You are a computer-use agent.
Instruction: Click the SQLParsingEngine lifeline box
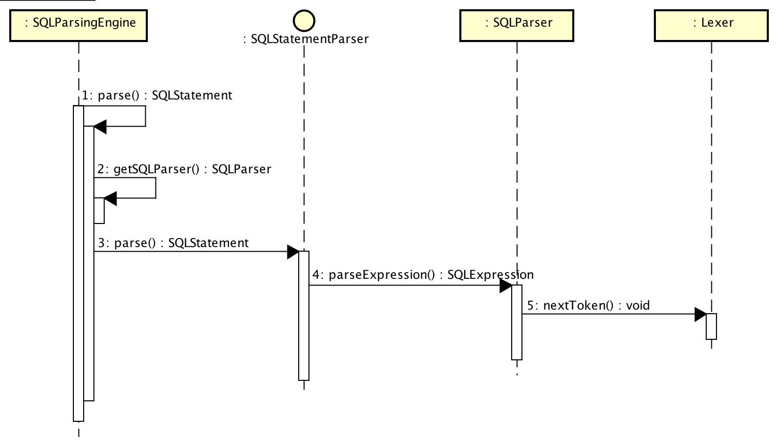pos(79,25)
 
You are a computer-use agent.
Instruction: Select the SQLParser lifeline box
pos(516,25)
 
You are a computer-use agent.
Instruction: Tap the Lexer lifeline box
pos(711,25)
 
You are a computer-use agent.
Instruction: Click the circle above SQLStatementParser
pos(304,21)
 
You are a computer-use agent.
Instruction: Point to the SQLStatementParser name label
pos(306,39)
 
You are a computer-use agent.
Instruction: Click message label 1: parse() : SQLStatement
pos(157,95)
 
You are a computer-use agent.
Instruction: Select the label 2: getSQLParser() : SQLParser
pos(184,169)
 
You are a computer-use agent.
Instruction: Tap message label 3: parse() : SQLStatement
pos(173,243)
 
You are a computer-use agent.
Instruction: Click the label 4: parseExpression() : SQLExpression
pos(423,275)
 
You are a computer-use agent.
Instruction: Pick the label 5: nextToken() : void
pos(589,306)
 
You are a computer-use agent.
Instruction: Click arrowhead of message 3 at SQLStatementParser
pos(293,252)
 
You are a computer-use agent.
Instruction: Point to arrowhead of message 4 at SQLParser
pos(506,286)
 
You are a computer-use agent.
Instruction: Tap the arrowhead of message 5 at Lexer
pos(700,314)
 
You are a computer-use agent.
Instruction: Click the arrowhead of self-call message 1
pos(100,127)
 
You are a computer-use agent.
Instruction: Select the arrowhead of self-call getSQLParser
pos(110,198)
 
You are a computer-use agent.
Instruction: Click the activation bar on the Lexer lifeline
pos(711,327)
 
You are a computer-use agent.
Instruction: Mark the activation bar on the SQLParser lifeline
pos(517,323)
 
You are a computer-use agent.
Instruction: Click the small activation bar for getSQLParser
pos(99,211)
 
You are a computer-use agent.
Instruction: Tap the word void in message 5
pos(638,306)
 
